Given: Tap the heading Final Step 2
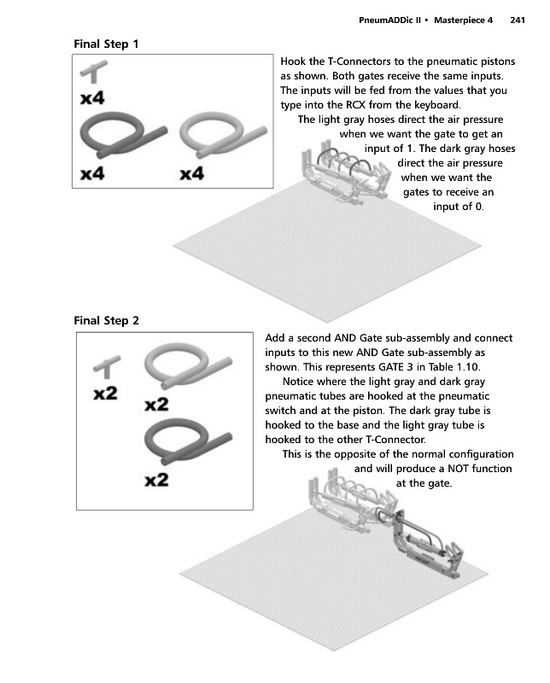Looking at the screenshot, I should [107, 321].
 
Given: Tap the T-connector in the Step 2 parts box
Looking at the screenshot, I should [105, 368].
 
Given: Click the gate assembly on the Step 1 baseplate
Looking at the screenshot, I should [342, 175].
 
